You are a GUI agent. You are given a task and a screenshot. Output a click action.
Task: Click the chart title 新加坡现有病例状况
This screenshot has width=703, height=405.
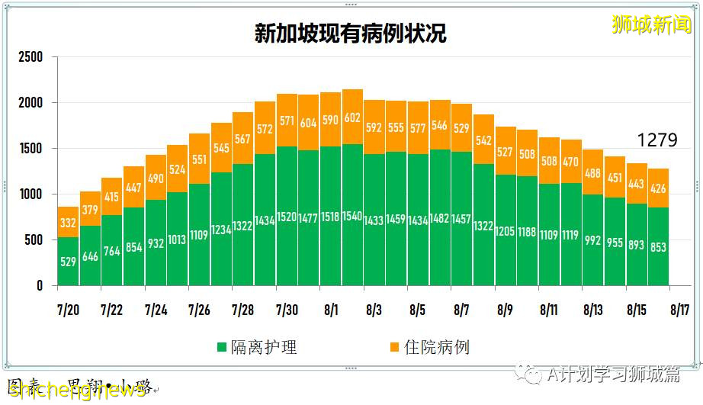coord(351,34)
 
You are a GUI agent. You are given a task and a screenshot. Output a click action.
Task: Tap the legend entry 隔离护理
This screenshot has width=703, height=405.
coord(257,348)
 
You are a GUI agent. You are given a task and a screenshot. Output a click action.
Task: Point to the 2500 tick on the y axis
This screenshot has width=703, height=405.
coord(30,57)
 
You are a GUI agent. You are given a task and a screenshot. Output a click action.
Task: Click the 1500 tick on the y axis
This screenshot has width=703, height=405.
coord(30,149)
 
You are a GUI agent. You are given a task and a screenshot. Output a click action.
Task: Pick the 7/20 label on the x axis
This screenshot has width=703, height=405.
coord(68,310)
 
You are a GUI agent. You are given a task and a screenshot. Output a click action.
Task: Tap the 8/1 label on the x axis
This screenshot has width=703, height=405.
coord(330,310)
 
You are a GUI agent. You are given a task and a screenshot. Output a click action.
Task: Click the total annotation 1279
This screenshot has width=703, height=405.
coord(657,140)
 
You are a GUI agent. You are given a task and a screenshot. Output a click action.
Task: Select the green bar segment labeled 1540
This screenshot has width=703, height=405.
coord(352,215)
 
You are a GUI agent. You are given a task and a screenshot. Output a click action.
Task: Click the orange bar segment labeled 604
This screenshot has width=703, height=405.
coord(308,123)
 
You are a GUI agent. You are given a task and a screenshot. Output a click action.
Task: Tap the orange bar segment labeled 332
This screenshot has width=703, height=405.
coord(68,222)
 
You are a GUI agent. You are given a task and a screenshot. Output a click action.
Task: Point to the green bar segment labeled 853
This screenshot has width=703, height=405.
coord(659,246)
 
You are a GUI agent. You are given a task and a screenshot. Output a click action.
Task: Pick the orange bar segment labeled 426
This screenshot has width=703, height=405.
coord(659,188)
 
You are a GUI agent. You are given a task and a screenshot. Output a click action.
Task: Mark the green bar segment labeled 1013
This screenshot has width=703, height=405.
coord(177,239)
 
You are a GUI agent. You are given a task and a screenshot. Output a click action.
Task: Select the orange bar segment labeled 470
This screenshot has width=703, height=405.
coord(571,161)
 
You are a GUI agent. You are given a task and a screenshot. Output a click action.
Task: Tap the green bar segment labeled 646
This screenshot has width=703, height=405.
coord(90,256)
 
